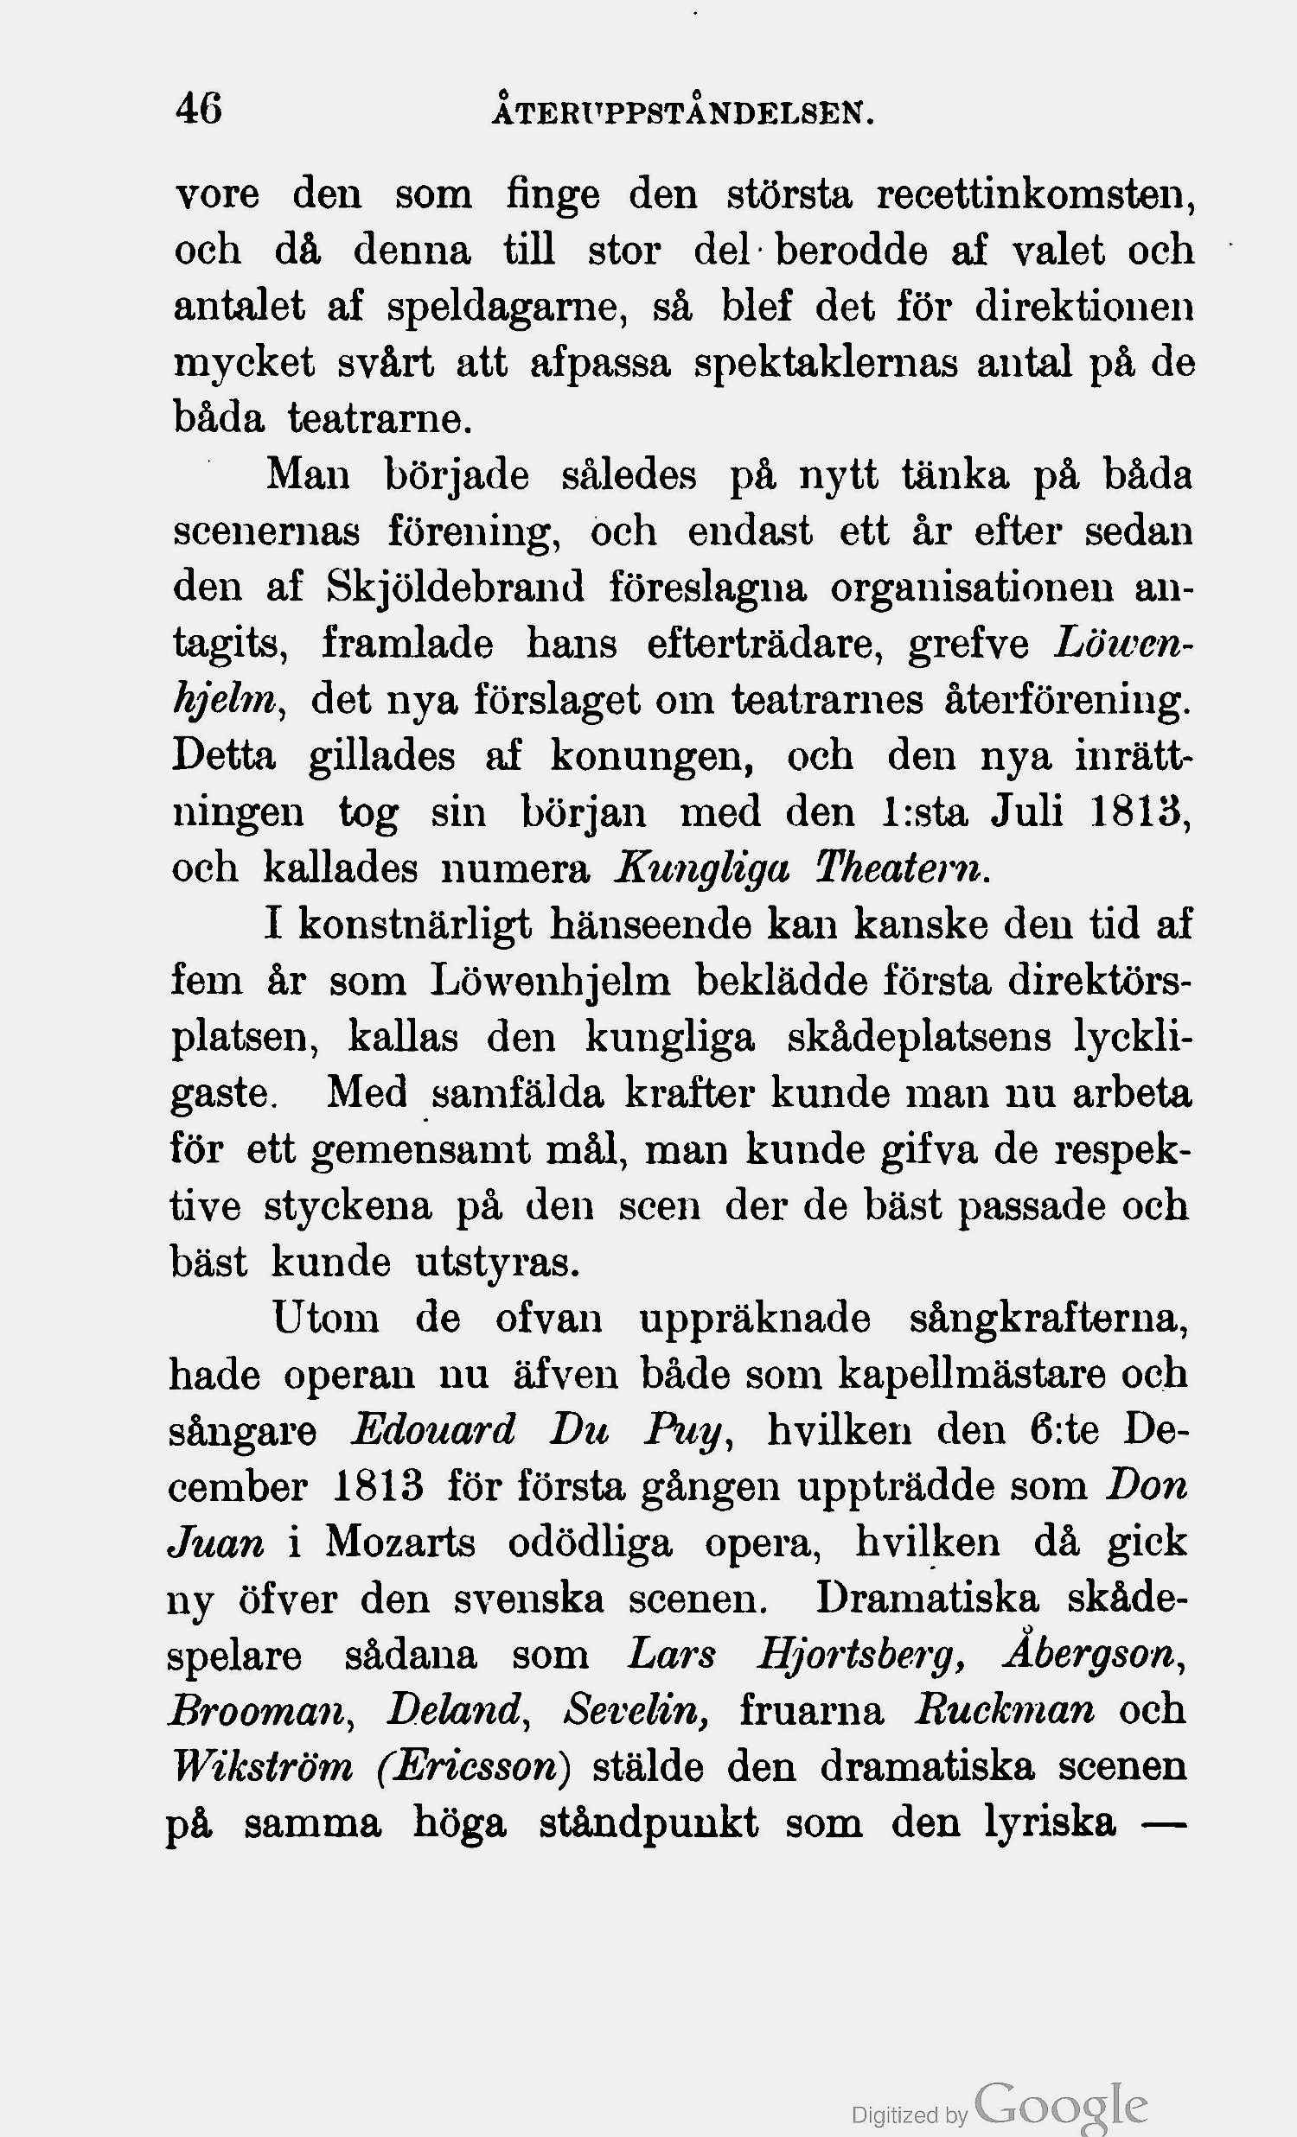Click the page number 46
click(x=199, y=109)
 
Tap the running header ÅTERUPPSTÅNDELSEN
click(x=681, y=113)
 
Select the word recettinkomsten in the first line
click(x=1036, y=194)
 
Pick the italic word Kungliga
click(x=701, y=868)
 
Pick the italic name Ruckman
click(x=1005, y=1710)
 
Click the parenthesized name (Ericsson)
click(x=475, y=1766)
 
